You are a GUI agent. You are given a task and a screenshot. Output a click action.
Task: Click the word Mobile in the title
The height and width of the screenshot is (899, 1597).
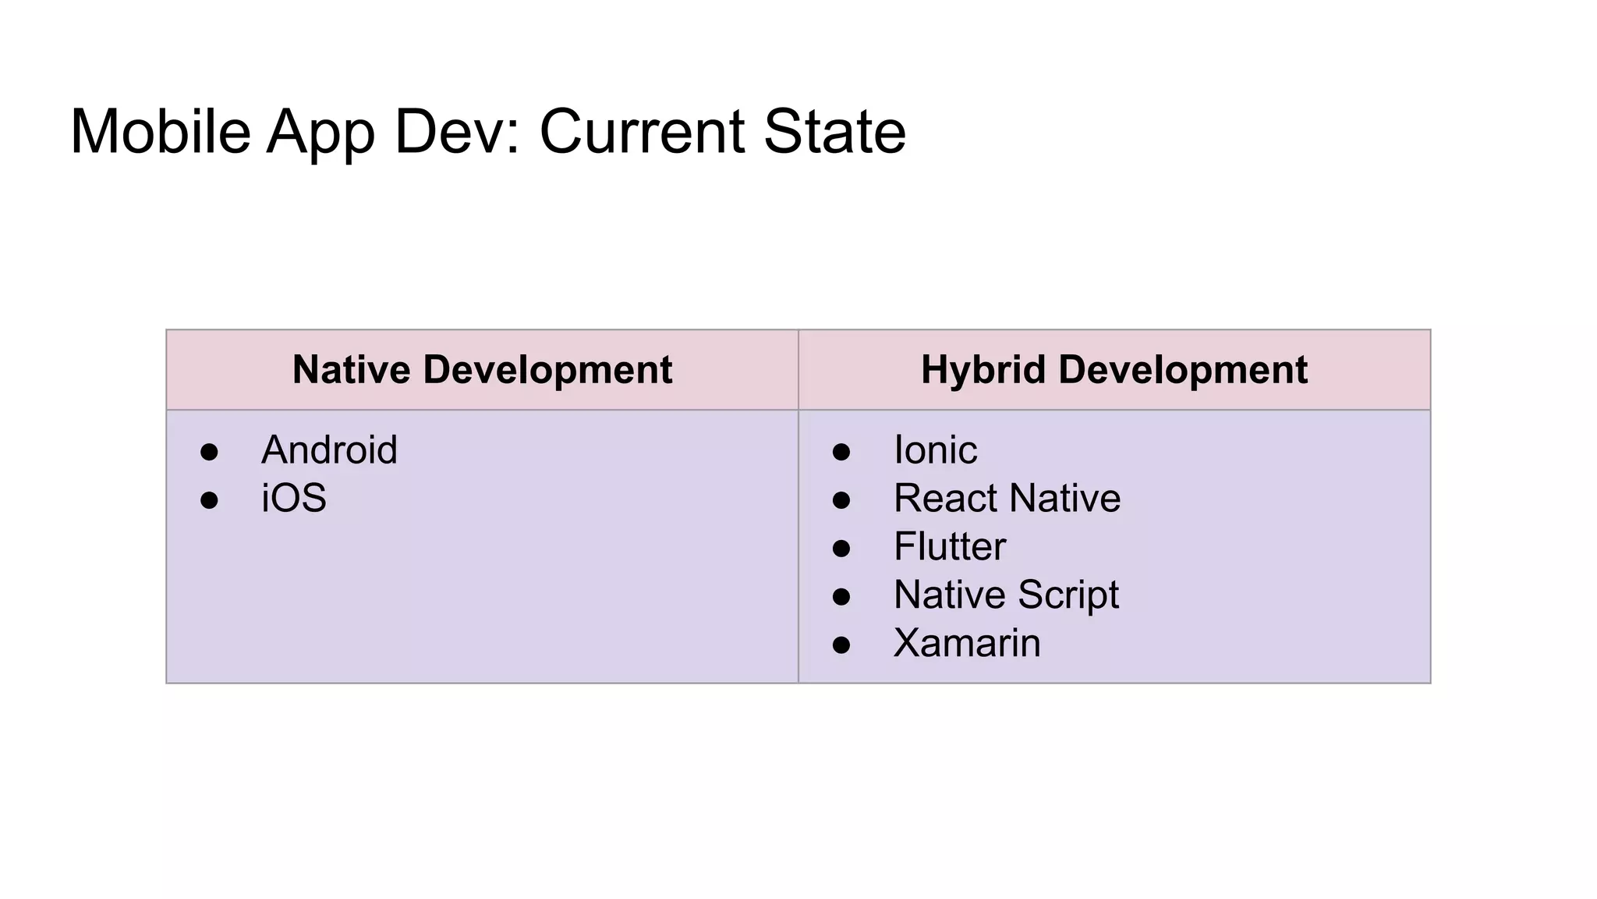coord(160,131)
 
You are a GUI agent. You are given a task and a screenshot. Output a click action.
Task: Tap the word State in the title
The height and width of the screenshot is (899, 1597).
coord(834,131)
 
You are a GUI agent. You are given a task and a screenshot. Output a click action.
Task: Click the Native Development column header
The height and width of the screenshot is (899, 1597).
coord(482,369)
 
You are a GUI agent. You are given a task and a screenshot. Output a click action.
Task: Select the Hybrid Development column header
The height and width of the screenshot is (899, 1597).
coord(1114,369)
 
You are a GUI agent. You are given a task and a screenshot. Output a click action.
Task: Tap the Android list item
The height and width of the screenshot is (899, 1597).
coord(329,450)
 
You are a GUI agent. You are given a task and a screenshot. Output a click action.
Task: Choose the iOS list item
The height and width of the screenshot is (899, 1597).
coord(293,499)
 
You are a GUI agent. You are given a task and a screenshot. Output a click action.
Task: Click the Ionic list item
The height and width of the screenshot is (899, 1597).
coord(935,450)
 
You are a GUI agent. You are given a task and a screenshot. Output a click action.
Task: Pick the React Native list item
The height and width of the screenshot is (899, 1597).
coord(1007,499)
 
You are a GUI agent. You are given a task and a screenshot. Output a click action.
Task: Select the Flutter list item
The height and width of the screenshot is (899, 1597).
coord(949,547)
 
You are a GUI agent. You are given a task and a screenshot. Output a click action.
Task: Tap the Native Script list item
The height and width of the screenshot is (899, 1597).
coord(1006,595)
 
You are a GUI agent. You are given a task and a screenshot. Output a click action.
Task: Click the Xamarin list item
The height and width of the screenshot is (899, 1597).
coord(966,644)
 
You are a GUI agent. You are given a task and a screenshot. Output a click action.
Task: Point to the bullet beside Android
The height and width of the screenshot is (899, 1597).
coord(209,452)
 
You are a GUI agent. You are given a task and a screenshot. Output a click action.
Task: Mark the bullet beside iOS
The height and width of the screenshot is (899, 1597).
coord(209,500)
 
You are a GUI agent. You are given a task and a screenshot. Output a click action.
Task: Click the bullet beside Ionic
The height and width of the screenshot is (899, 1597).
coord(841,452)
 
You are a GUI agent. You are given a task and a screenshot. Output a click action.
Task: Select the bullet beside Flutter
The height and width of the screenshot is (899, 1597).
coord(841,549)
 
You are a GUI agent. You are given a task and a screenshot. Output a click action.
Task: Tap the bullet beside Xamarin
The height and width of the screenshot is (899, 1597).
coord(841,645)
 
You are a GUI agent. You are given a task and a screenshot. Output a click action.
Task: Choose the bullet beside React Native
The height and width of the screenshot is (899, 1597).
coord(841,500)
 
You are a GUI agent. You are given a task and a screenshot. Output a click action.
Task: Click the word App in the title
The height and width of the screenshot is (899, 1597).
coord(320,131)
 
